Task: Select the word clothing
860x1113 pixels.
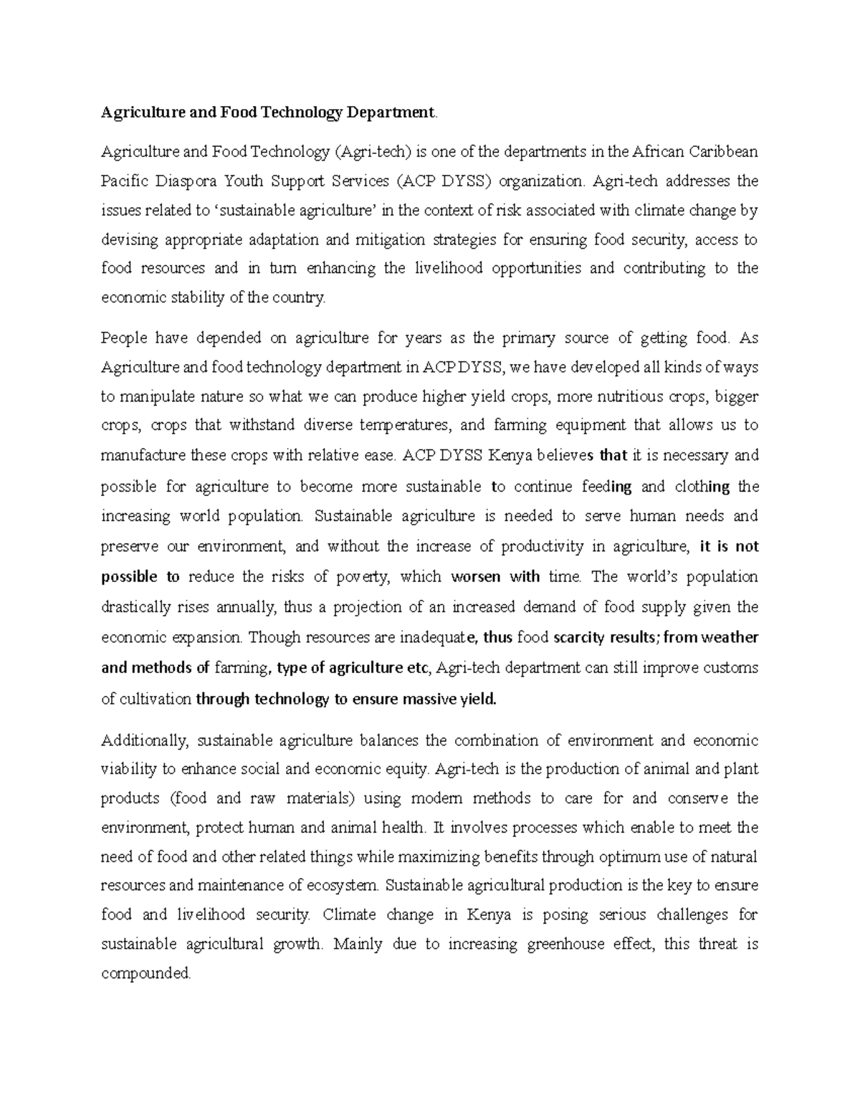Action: pos(702,487)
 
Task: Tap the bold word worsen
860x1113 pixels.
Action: pos(476,577)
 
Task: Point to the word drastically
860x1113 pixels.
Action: pos(135,608)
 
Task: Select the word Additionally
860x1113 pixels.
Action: pos(143,740)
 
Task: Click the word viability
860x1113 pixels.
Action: pos(129,770)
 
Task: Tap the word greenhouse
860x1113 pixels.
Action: pos(565,945)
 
